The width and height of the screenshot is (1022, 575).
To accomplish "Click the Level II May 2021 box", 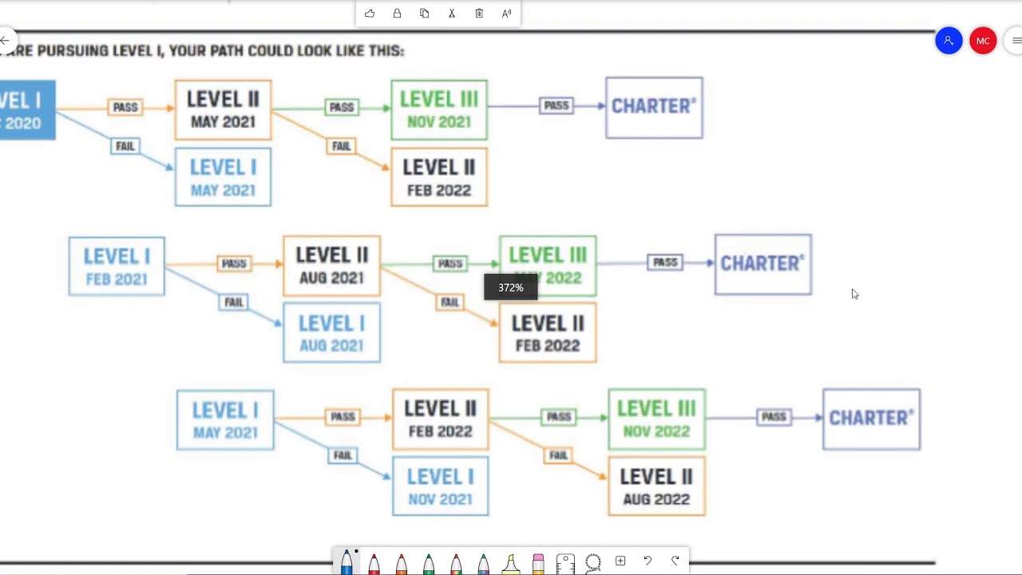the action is pos(223,110).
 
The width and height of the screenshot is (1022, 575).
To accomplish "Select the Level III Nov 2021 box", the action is pos(438,110).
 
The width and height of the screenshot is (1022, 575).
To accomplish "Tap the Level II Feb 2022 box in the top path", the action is pos(438,177).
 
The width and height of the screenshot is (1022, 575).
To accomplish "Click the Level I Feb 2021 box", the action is pos(117,266).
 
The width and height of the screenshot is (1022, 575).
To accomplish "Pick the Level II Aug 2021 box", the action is pos(331,266).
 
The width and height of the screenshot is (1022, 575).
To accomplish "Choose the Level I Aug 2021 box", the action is pos(331,333).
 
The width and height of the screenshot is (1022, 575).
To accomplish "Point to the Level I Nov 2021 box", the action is pos(440,486).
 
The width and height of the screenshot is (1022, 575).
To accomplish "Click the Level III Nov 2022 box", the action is pos(656,419).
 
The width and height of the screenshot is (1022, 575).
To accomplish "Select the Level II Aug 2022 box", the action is pos(656,486).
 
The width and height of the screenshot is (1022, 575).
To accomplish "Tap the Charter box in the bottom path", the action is pos(871,419).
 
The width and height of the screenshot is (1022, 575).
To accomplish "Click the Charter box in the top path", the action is pos(654,108).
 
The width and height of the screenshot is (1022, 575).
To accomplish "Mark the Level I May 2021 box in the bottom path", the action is pos(225,420).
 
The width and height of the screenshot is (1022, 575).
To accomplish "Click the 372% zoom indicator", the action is pos(511,287).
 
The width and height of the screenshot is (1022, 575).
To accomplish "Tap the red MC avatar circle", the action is pos(983,41).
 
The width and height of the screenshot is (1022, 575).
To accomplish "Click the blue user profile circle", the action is pos(949,41).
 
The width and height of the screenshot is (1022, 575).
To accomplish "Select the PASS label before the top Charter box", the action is pos(556,105).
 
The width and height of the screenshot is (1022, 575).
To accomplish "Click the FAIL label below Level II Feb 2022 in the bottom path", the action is pos(558,455).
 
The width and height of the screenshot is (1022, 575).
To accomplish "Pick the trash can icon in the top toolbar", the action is pos(479,14).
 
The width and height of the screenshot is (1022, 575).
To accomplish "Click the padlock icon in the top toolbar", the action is pos(397,14).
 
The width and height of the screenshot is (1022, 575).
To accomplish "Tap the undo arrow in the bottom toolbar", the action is pos(648,561).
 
